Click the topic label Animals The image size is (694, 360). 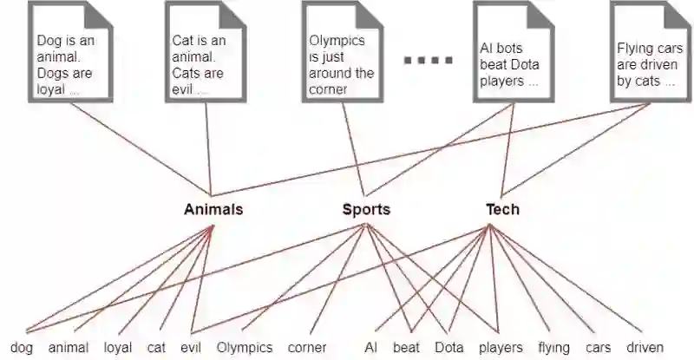click(x=213, y=209)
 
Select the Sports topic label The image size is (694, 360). click(x=366, y=209)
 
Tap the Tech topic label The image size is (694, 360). click(x=502, y=209)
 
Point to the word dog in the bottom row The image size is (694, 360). click(x=23, y=347)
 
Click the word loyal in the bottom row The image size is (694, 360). click(x=118, y=347)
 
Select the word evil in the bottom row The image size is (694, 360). click(x=191, y=347)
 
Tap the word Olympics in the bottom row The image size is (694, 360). click(x=245, y=347)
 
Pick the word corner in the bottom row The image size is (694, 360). click(x=307, y=347)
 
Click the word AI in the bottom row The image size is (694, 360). click(x=371, y=347)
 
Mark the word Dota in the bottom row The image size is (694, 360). click(x=449, y=347)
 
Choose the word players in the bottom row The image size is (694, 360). click(x=501, y=347)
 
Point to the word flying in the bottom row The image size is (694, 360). click(x=553, y=347)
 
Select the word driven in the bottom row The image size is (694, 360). click(x=645, y=347)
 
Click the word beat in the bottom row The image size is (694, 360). click(x=406, y=347)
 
